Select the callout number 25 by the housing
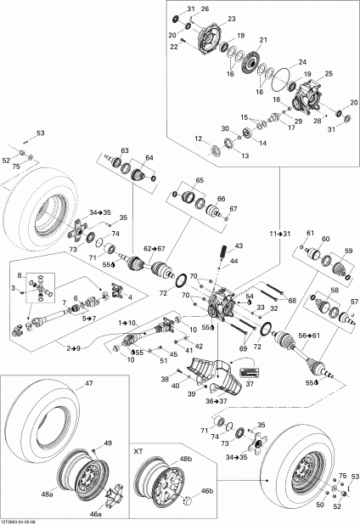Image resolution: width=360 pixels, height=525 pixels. click(x=329, y=75)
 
